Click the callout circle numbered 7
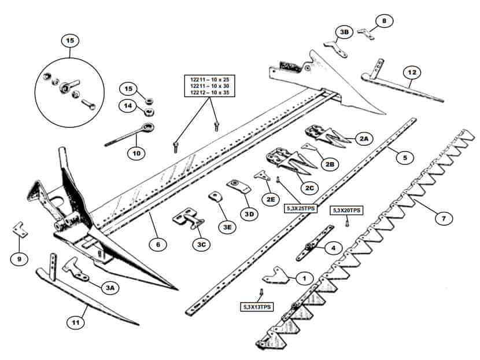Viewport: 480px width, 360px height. click(x=443, y=218)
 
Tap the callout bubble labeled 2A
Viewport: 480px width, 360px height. click(x=364, y=139)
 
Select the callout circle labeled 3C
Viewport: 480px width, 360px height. click(x=201, y=244)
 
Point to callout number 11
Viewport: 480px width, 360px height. click(x=76, y=322)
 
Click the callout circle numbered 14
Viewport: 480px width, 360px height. click(x=128, y=106)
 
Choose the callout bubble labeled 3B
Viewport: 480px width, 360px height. click(x=345, y=32)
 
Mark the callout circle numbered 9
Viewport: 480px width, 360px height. click(x=19, y=259)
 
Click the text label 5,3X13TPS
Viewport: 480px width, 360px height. click(x=257, y=307)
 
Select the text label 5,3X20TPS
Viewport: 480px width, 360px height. click(x=346, y=211)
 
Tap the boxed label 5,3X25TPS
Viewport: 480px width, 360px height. click(x=301, y=208)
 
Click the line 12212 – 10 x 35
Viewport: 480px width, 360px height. click(x=209, y=92)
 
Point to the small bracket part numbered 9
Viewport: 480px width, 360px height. click(x=20, y=229)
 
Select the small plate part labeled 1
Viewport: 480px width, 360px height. click(x=276, y=275)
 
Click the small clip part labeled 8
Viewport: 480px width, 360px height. click(x=366, y=34)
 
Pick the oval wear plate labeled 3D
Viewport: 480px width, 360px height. click(x=239, y=186)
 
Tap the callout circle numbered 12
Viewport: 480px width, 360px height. click(x=412, y=72)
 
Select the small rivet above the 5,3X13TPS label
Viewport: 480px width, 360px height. click(x=261, y=293)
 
